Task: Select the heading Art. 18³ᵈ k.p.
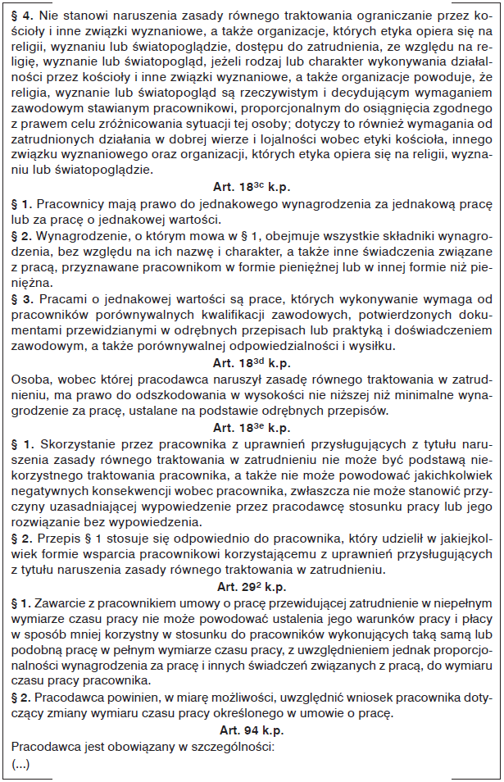coord(252,362)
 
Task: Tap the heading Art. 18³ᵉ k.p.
coord(252,428)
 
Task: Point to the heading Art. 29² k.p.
coord(252,587)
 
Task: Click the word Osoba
coord(30,379)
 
